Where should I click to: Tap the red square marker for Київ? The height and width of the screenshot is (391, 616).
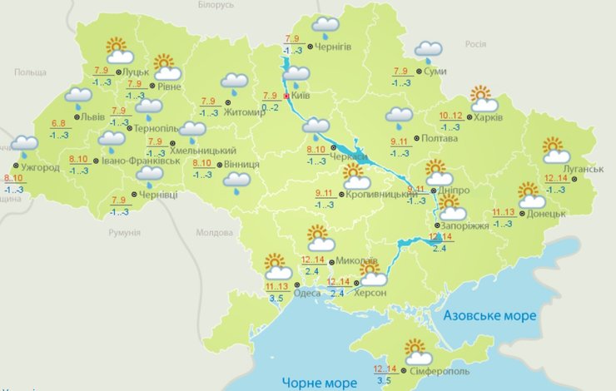coord(287,97)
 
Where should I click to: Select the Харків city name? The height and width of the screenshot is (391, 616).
coord(489,117)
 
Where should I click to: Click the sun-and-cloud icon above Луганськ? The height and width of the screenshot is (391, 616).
coord(554,150)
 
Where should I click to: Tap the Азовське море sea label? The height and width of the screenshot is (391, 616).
coord(490,316)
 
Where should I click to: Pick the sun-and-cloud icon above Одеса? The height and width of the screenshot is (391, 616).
coord(277,267)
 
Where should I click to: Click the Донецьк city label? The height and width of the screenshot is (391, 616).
coord(546,213)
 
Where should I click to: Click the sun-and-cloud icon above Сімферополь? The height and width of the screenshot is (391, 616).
coord(414,352)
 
